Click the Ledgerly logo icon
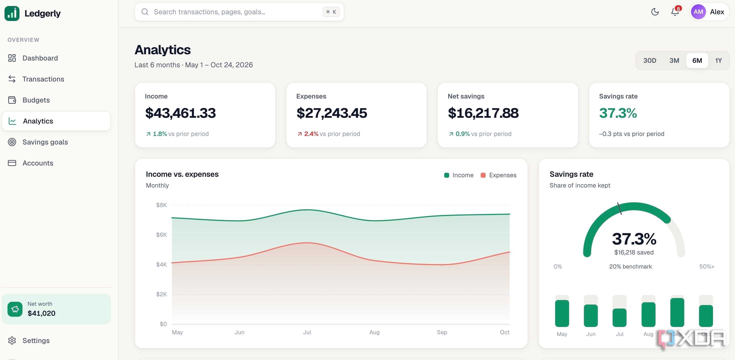click(12, 13)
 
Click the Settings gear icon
click(12, 340)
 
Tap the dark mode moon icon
click(655, 12)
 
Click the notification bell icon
click(675, 12)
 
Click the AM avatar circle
click(698, 12)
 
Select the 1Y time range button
click(718, 60)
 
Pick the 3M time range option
click(674, 60)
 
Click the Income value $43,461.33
click(180, 113)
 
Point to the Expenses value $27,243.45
click(332, 113)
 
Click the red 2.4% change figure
click(311, 134)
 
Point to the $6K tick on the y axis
click(161, 235)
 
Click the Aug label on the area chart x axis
click(374, 332)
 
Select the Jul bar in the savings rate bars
click(619, 317)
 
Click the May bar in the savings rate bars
click(562, 313)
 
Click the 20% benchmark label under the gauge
click(630, 266)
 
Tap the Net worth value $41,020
click(41, 313)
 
